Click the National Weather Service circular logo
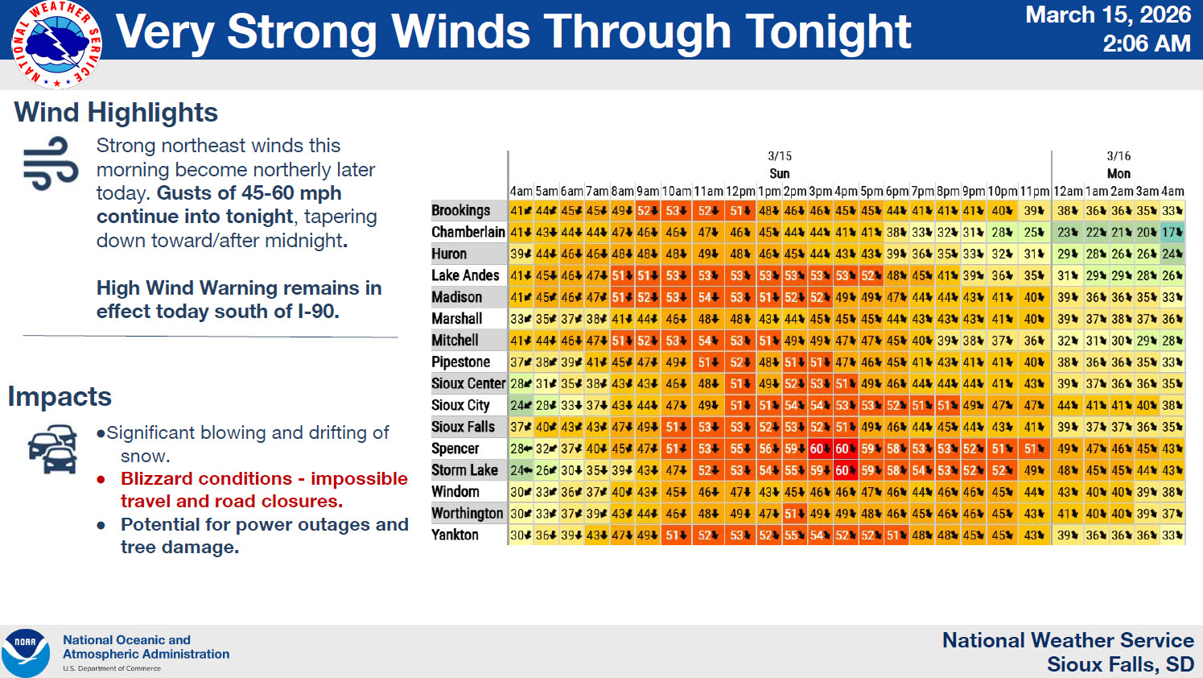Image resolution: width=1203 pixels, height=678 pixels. tap(56, 44)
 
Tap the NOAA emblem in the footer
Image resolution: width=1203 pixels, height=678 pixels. tap(25, 652)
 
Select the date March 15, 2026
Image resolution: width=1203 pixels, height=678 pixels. tap(1107, 15)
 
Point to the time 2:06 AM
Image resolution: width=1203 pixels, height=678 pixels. tap(1146, 43)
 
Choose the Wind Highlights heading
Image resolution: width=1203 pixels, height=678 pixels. tap(116, 113)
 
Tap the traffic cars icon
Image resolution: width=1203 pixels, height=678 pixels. tap(52, 450)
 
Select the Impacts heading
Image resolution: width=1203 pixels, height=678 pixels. tap(60, 397)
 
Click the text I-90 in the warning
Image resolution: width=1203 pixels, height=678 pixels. tap(316, 312)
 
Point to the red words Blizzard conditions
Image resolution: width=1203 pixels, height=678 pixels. tap(206, 479)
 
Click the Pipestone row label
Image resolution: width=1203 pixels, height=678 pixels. tap(460, 362)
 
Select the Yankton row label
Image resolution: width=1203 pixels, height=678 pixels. tap(455, 535)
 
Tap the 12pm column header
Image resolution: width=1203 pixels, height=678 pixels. tap(740, 192)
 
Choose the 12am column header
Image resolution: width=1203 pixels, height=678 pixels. tap(1068, 192)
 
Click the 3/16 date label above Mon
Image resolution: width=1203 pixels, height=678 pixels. tap(1118, 156)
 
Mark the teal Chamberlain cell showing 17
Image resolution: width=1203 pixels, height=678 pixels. tap(1172, 232)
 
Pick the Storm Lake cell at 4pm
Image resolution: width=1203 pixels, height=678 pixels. tap(845, 470)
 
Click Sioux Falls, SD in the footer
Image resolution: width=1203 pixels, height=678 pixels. tap(1120, 665)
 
